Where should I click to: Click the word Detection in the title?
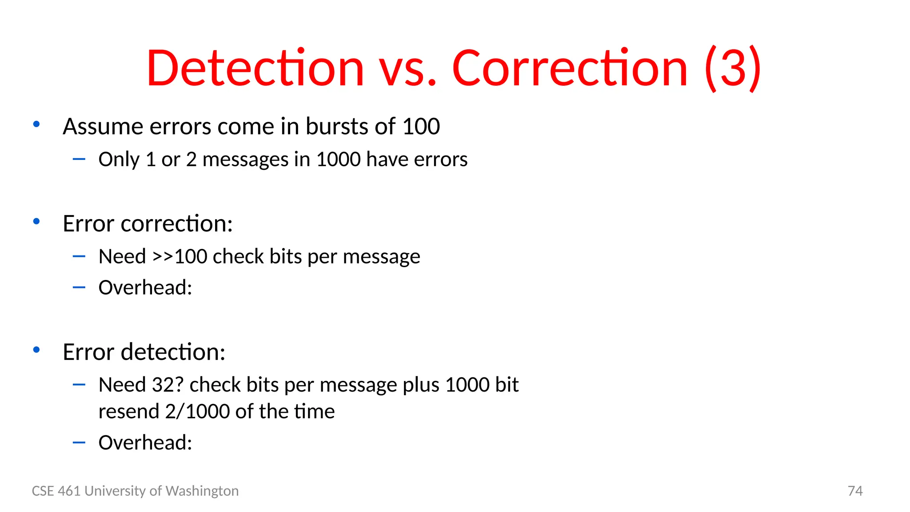point(255,69)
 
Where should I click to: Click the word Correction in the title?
point(570,69)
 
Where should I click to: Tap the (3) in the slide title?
point(733,69)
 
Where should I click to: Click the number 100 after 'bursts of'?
point(421,127)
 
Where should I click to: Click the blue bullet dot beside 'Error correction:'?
point(36,221)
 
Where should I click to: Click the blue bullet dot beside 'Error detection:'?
point(36,350)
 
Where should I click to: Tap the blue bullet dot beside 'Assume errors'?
point(36,124)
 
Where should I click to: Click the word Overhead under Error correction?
point(145,288)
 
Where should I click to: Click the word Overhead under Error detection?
point(145,443)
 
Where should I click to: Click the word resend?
point(128,412)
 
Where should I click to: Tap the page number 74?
point(855,491)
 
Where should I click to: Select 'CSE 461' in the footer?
point(56,491)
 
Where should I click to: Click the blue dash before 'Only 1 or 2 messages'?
point(79,159)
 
